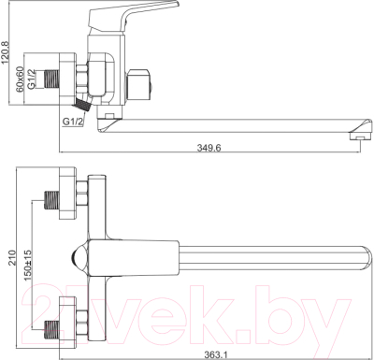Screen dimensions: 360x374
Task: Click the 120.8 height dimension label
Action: [x=7, y=57]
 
